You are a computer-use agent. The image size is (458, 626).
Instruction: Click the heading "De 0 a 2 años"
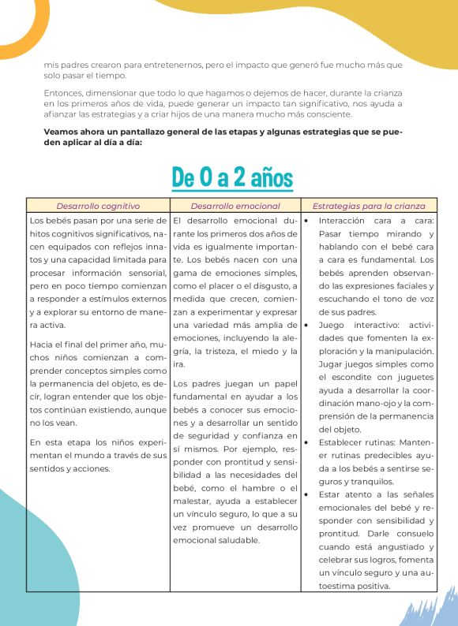(x=231, y=176)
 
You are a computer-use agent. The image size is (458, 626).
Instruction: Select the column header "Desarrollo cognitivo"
(x=98, y=206)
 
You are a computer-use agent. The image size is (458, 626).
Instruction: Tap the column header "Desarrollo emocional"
(x=235, y=206)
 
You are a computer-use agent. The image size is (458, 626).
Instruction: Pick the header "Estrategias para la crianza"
(x=368, y=206)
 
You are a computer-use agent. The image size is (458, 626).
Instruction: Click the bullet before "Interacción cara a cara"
(x=306, y=221)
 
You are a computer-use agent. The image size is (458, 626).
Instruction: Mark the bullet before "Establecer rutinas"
(x=306, y=442)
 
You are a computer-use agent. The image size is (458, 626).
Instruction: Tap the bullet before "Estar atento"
(x=306, y=494)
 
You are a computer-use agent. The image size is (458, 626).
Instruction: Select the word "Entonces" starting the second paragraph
(x=62, y=92)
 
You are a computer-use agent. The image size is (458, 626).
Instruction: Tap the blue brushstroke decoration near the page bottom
(x=430, y=607)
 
